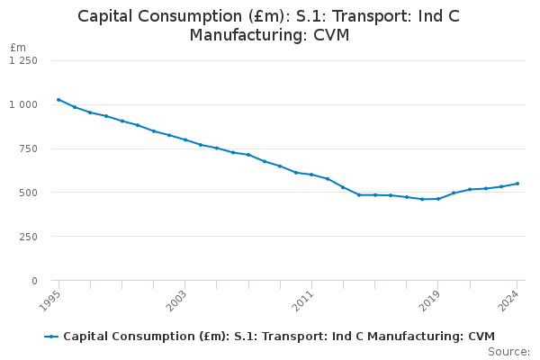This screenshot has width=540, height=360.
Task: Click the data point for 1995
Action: (58, 100)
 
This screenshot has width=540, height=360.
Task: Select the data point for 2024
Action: (517, 184)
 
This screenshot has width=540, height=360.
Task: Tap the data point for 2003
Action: (184, 139)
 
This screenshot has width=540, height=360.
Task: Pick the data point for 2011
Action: (311, 175)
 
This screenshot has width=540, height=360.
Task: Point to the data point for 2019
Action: (437, 199)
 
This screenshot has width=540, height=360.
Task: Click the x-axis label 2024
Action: (509, 299)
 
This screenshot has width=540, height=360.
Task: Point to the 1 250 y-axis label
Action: (23, 60)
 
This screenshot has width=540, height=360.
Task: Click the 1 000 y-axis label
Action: (23, 104)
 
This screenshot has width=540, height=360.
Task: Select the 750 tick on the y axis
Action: (28, 148)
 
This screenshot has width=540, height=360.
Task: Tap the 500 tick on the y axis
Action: (28, 193)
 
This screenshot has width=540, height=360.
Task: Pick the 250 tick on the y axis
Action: (28, 237)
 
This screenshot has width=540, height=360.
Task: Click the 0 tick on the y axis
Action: (34, 281)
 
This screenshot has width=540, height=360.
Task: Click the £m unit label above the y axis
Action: (18, 47)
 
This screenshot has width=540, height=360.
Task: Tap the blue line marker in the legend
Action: (51, 337)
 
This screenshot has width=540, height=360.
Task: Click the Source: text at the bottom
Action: (508, 351)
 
